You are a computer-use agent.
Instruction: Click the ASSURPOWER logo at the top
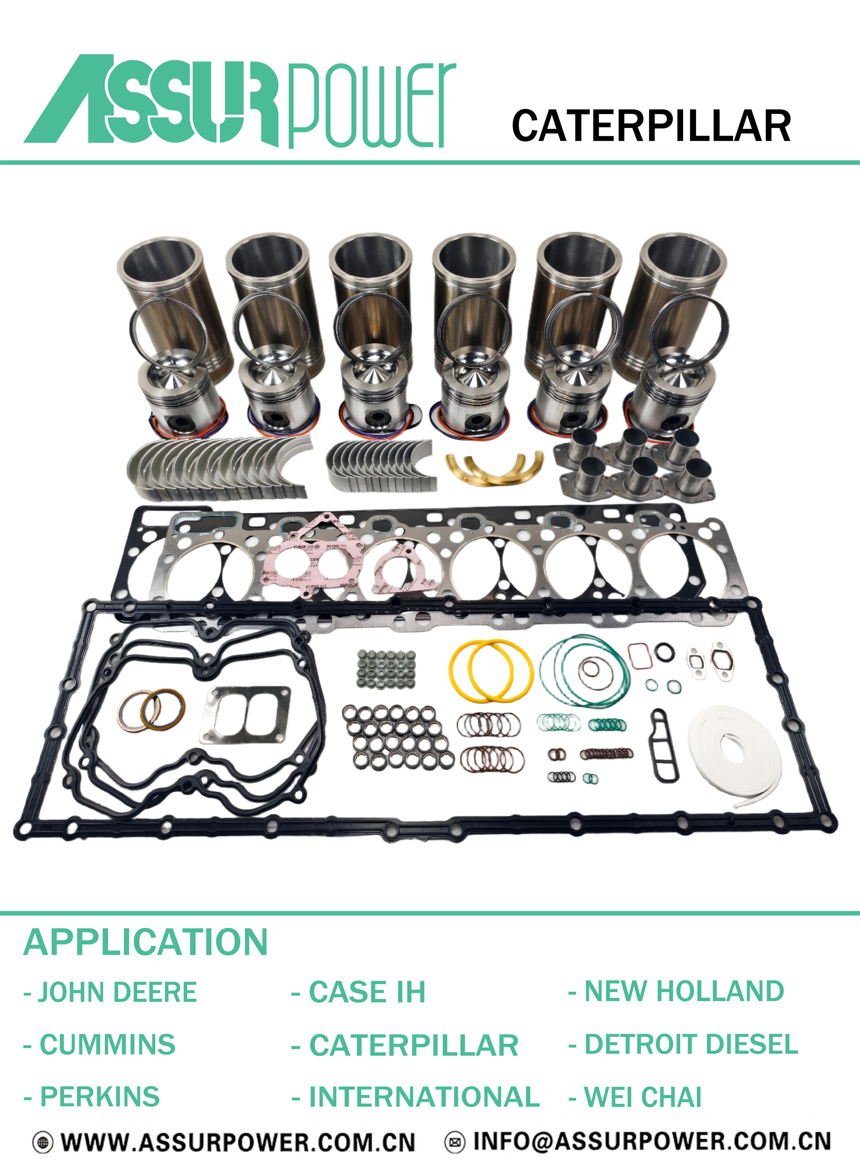(x=240, y=101)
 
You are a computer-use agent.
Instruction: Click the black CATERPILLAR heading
(x=651, y=126)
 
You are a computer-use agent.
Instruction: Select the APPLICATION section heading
(x=146, y=942)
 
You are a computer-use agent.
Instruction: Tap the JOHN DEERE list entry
(x=110, y=992)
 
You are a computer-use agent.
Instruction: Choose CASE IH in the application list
(x=358, y=992)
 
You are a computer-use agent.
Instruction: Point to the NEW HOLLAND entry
(x=676, y=991)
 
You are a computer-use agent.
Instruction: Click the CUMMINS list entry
(x=99, y=1045)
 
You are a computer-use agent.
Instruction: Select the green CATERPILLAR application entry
(x=405, y=1045)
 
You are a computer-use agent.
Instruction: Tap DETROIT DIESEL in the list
(x=684, y=1044)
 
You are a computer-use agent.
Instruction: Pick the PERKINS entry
(x=92, y=1097)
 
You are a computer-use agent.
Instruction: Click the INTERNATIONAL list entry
(x=416, y=1097)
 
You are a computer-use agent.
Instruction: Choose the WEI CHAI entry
(x=635, y=1097)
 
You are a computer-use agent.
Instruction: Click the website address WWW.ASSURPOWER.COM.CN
(x=238, y=1142)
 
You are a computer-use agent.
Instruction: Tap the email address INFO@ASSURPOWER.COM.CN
(x=652, y=1141)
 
